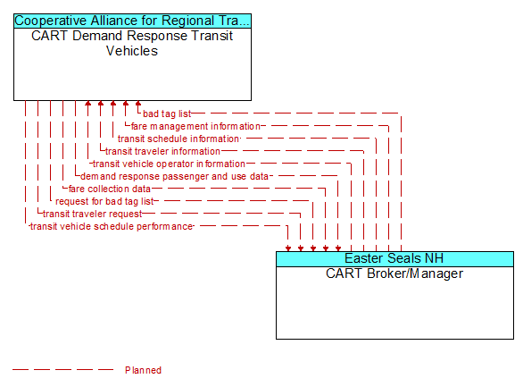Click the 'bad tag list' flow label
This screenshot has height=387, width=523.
click(167, 114)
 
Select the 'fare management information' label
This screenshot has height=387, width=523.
click(195, 126)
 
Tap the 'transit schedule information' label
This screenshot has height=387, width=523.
click(178, 139)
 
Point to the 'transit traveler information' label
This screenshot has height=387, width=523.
click(162, 151)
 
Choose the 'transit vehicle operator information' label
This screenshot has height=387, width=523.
click(169, 164)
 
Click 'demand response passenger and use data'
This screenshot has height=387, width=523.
click(174, 176)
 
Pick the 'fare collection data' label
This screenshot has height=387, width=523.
click(110, 189)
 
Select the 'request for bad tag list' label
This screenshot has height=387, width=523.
click(104, 201)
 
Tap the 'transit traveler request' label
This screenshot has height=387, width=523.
click(93, 214)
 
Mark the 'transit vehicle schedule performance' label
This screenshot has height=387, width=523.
click(112, 226)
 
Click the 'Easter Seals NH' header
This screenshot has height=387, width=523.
click(394, 258)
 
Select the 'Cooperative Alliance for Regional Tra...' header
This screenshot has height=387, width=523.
click(132, 21)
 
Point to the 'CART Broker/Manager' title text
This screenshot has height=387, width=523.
click(394, 273)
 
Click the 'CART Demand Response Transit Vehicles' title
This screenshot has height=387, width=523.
click(132, 44)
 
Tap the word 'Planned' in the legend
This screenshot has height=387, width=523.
click(143, 370)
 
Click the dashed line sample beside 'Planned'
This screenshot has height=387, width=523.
click(62, 370)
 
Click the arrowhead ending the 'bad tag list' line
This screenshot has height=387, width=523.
click(138, 103)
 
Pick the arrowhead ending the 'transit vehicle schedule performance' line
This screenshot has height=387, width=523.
click(288, 248)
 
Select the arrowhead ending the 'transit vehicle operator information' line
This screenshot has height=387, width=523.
click(88, 103)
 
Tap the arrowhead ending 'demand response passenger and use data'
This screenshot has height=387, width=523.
click(338, 248)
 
